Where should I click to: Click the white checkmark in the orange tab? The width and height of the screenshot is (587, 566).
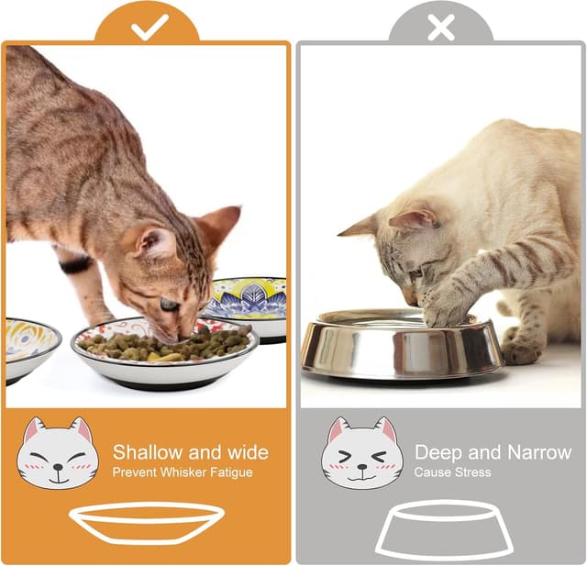click(149, 28)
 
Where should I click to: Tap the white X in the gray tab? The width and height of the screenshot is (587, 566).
click(441, 28)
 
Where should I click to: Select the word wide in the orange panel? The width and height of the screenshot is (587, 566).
click(247, 452)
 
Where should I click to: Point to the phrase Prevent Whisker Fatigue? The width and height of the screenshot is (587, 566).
click(183, 472)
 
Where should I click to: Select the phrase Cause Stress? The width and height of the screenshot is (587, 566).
click(452, 472)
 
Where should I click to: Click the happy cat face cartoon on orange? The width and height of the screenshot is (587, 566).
click(57, 453)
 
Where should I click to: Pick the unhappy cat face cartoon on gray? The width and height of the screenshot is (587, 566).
click(361, 453)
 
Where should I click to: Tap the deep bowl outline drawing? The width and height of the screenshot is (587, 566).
click(444, 528)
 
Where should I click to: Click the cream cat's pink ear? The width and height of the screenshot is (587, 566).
click(412, 219)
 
